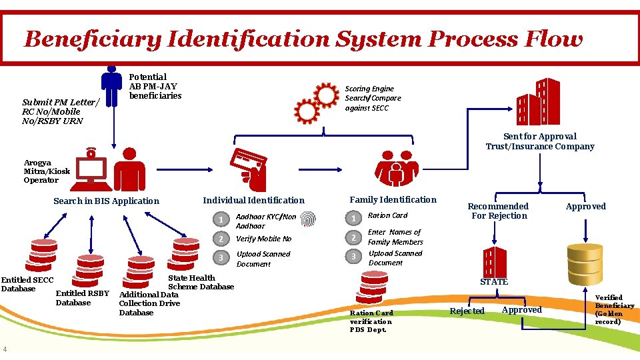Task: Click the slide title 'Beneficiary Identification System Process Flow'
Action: pos(303,39)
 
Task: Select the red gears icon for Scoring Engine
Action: pos(317,101)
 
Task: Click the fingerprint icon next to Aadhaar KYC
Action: pos(308,220)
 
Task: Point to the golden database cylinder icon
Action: pos(585,263)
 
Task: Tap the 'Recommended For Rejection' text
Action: pos(498,211)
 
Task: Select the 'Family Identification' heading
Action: pos(393,199)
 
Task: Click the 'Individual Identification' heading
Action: pos(253,200)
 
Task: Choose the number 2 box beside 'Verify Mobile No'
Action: pos(220,239)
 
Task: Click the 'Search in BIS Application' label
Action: pos(107,201)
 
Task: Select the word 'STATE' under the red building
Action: pos(494,281)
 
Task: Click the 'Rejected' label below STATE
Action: pos(467,311)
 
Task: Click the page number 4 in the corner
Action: pos(5,349)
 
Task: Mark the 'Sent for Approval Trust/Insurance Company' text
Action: pos(539,141)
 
